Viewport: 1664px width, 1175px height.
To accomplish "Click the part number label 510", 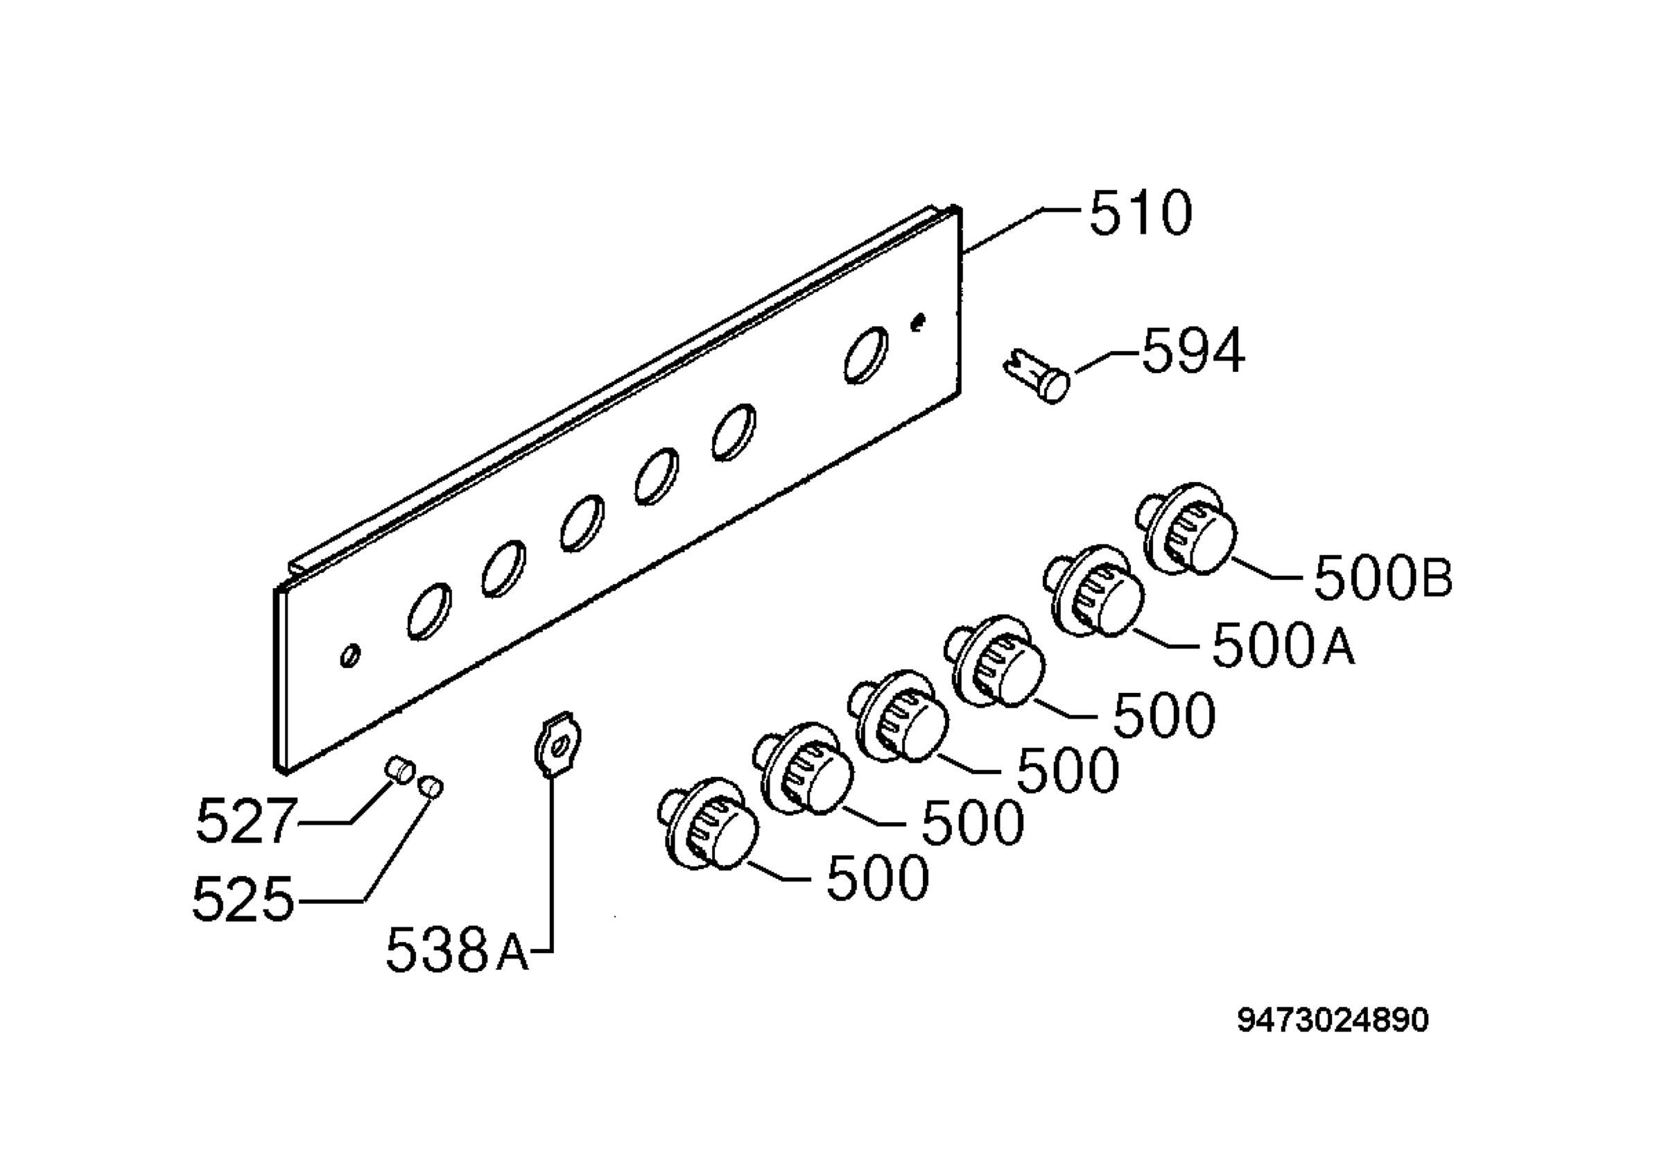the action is click(1140, 212).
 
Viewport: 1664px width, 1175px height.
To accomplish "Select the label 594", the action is click(1193, 351).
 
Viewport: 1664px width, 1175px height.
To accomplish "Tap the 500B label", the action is click(1383, 578).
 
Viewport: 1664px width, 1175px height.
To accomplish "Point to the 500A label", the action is click(1283, 644).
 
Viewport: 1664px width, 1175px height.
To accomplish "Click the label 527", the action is click(246, 821).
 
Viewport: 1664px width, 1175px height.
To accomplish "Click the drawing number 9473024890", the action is click(1333, 1020).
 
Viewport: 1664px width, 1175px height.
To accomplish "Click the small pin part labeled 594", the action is click(1036, 374).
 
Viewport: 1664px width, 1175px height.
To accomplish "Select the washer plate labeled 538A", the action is click(557, 744).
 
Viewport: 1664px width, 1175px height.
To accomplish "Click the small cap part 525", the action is click(431, 786).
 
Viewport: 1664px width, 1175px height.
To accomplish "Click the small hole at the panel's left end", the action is click(350, 655).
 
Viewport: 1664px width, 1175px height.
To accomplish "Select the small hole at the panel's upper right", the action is click(918, 321).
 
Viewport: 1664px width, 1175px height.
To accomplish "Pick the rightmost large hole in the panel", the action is click(865, 355).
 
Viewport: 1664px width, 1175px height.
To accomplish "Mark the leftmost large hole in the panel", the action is click(429, 611).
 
